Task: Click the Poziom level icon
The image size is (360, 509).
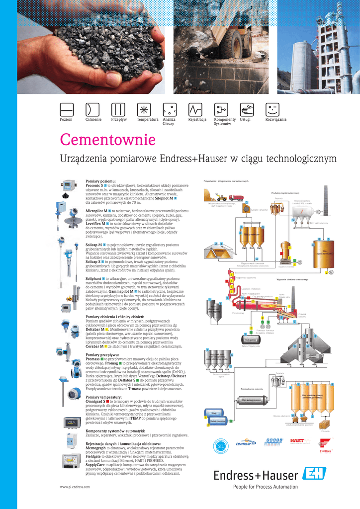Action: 66,109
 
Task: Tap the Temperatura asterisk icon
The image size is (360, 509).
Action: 144,109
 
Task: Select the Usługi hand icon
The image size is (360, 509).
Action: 247,109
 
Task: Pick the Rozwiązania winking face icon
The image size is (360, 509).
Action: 272,109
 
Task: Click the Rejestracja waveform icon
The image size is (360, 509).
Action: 195,109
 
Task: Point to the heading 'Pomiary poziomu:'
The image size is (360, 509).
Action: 100,181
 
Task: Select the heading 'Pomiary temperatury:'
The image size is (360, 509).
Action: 103,397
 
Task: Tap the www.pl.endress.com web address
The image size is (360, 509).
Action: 75,487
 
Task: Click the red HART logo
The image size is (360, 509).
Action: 300,441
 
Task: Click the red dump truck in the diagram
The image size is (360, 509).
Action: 236,197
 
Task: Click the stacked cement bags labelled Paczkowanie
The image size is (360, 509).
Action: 325,424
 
